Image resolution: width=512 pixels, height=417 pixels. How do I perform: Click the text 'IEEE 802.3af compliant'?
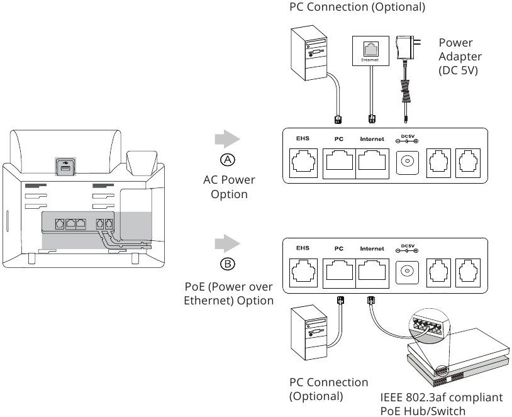click(442, 398)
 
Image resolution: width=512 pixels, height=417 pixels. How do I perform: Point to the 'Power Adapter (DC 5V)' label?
click(459, 57)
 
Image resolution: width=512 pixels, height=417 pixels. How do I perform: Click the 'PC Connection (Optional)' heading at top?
click(348, 8)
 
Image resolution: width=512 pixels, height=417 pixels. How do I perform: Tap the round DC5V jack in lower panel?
click(406, 272)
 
